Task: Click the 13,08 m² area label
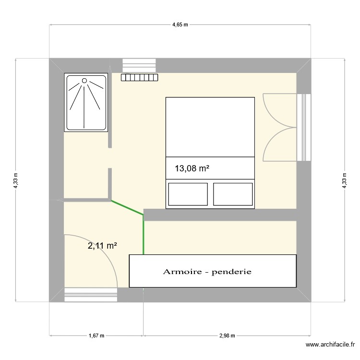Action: click(x=192, y=168)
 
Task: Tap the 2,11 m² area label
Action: click(x=102, y=246)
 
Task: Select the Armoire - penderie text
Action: click(x=207, y=272)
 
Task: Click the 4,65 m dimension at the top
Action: click(x=180, y=25)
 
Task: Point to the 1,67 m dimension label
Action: click(x=96, y=336)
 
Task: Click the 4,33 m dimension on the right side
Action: click(x=344, y=180)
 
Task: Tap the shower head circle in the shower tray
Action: click(x=85, y=81)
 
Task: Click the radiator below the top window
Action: click(x=140, y=77)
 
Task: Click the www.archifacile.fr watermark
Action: click(x=331, y=345)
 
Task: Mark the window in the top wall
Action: click(x=140, y=65)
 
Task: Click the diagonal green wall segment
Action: click(x=127, y=207)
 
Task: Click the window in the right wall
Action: click(x=304, y=127)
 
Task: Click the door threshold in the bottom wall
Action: click(x=91, y=294)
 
